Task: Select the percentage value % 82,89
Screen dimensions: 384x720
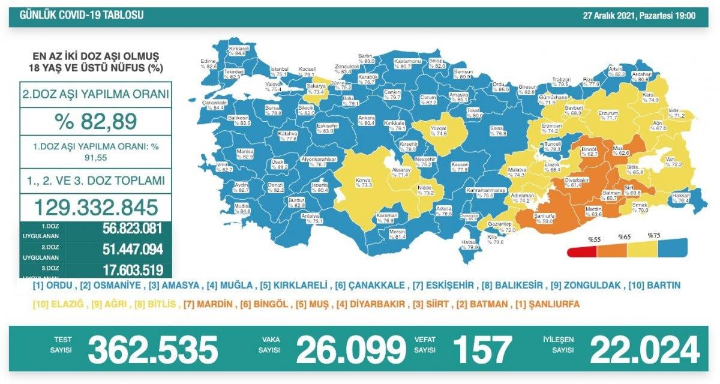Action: click(x=95, y=121)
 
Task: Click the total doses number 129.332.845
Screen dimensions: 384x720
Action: click(x=96, y=208)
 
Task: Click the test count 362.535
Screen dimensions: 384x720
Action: click(x=152, y=349)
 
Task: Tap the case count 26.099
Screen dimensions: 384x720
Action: click(x=351, y=349)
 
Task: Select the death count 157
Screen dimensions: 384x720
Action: click(x=482, y=349)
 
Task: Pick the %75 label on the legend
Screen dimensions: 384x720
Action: click(x=654, y=235)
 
